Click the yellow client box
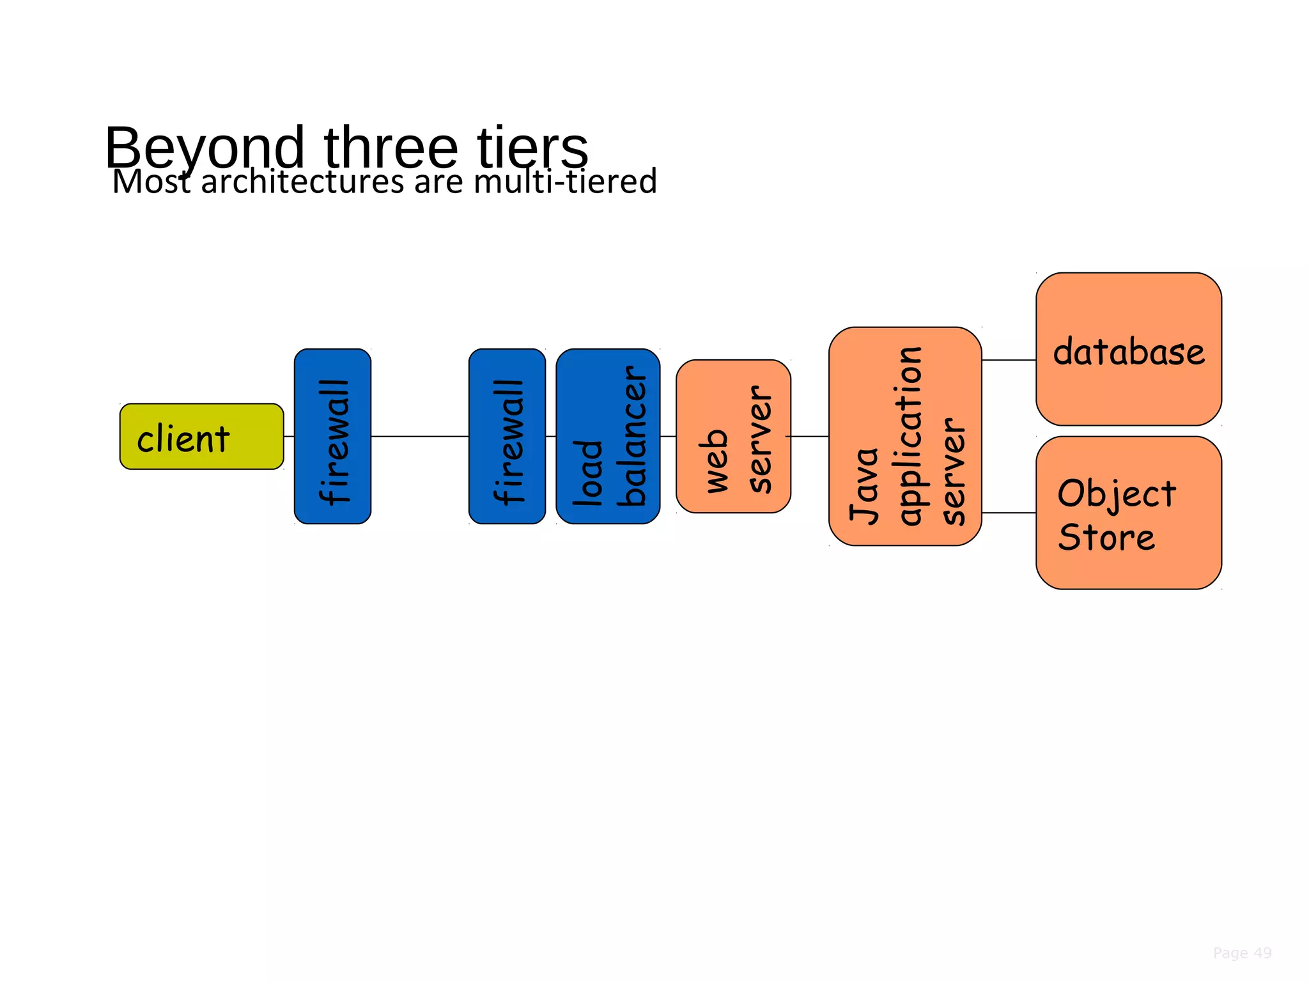201,437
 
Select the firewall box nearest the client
332,437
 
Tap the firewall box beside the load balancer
507,437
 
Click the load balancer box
608,437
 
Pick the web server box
733,437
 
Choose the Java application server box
905,437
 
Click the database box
1129,349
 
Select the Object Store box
1129,513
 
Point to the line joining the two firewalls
420,437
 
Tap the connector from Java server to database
1009,360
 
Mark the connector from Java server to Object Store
1009,513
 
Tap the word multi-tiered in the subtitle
565,182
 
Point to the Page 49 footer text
1242,953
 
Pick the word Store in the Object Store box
1106,538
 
